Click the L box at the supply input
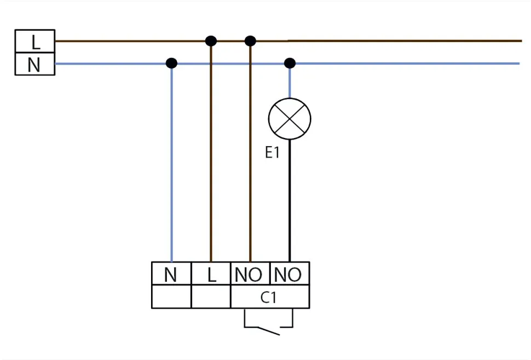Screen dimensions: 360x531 [x=34, y=41]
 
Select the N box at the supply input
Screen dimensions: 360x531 [x=34, y=64]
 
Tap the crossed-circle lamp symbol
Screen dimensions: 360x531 [x=290, y=119]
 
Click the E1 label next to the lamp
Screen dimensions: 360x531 [x=272, y=153]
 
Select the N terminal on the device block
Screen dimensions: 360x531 [x=171, y=274]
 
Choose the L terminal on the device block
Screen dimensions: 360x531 [x=211, y=274]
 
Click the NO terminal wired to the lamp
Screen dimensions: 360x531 [x=289, y=274]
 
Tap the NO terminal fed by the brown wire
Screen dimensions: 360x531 [x=250, y=274]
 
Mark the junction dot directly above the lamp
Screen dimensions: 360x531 [x=290, y=63]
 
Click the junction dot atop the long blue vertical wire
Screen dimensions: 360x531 [x=171, y=63]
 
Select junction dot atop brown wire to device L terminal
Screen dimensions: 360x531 [x=211, y=40]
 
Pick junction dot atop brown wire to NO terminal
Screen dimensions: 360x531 [x=250, y=40]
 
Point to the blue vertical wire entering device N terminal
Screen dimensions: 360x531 [x=171, y=164]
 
